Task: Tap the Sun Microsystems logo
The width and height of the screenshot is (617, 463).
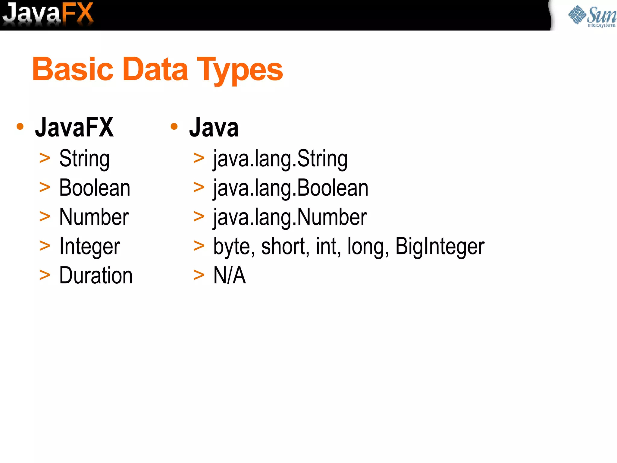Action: pyautogui.click(x=592, y=16)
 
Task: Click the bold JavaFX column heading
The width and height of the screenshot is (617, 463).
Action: pyautogui.click(x=74, y=127)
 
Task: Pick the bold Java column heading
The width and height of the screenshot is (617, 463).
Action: pyautogui.click(x=214, y=127)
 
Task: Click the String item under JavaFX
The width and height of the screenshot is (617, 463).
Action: pyautogui.click(x=84, y=159)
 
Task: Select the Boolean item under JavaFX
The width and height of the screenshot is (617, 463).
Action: pyautogui.click(x=95, y=188)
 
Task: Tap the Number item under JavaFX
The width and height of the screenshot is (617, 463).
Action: pyautogui.click(x=94, y=217)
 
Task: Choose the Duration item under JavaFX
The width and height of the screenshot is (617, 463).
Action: pyautogui.click(x=96, y=275)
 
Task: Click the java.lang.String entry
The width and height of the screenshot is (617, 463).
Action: pyautogui.click(x=280, y=159)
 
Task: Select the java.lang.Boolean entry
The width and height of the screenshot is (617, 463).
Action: pyautogui.click(x=291, y=188)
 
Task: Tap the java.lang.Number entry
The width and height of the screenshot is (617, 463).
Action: pyautogui.click(x=290, y=217)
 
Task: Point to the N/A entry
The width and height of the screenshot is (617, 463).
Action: pyautogui.click(x=230, y=275)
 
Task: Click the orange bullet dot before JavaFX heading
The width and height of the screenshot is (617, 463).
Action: pyautogui.click(x=20, y=126)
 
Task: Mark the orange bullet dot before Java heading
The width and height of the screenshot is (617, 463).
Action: pyautogui.click(x=174, y=126)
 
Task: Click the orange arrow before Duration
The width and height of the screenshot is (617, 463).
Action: pyautogui.click(x=45, y=275)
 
